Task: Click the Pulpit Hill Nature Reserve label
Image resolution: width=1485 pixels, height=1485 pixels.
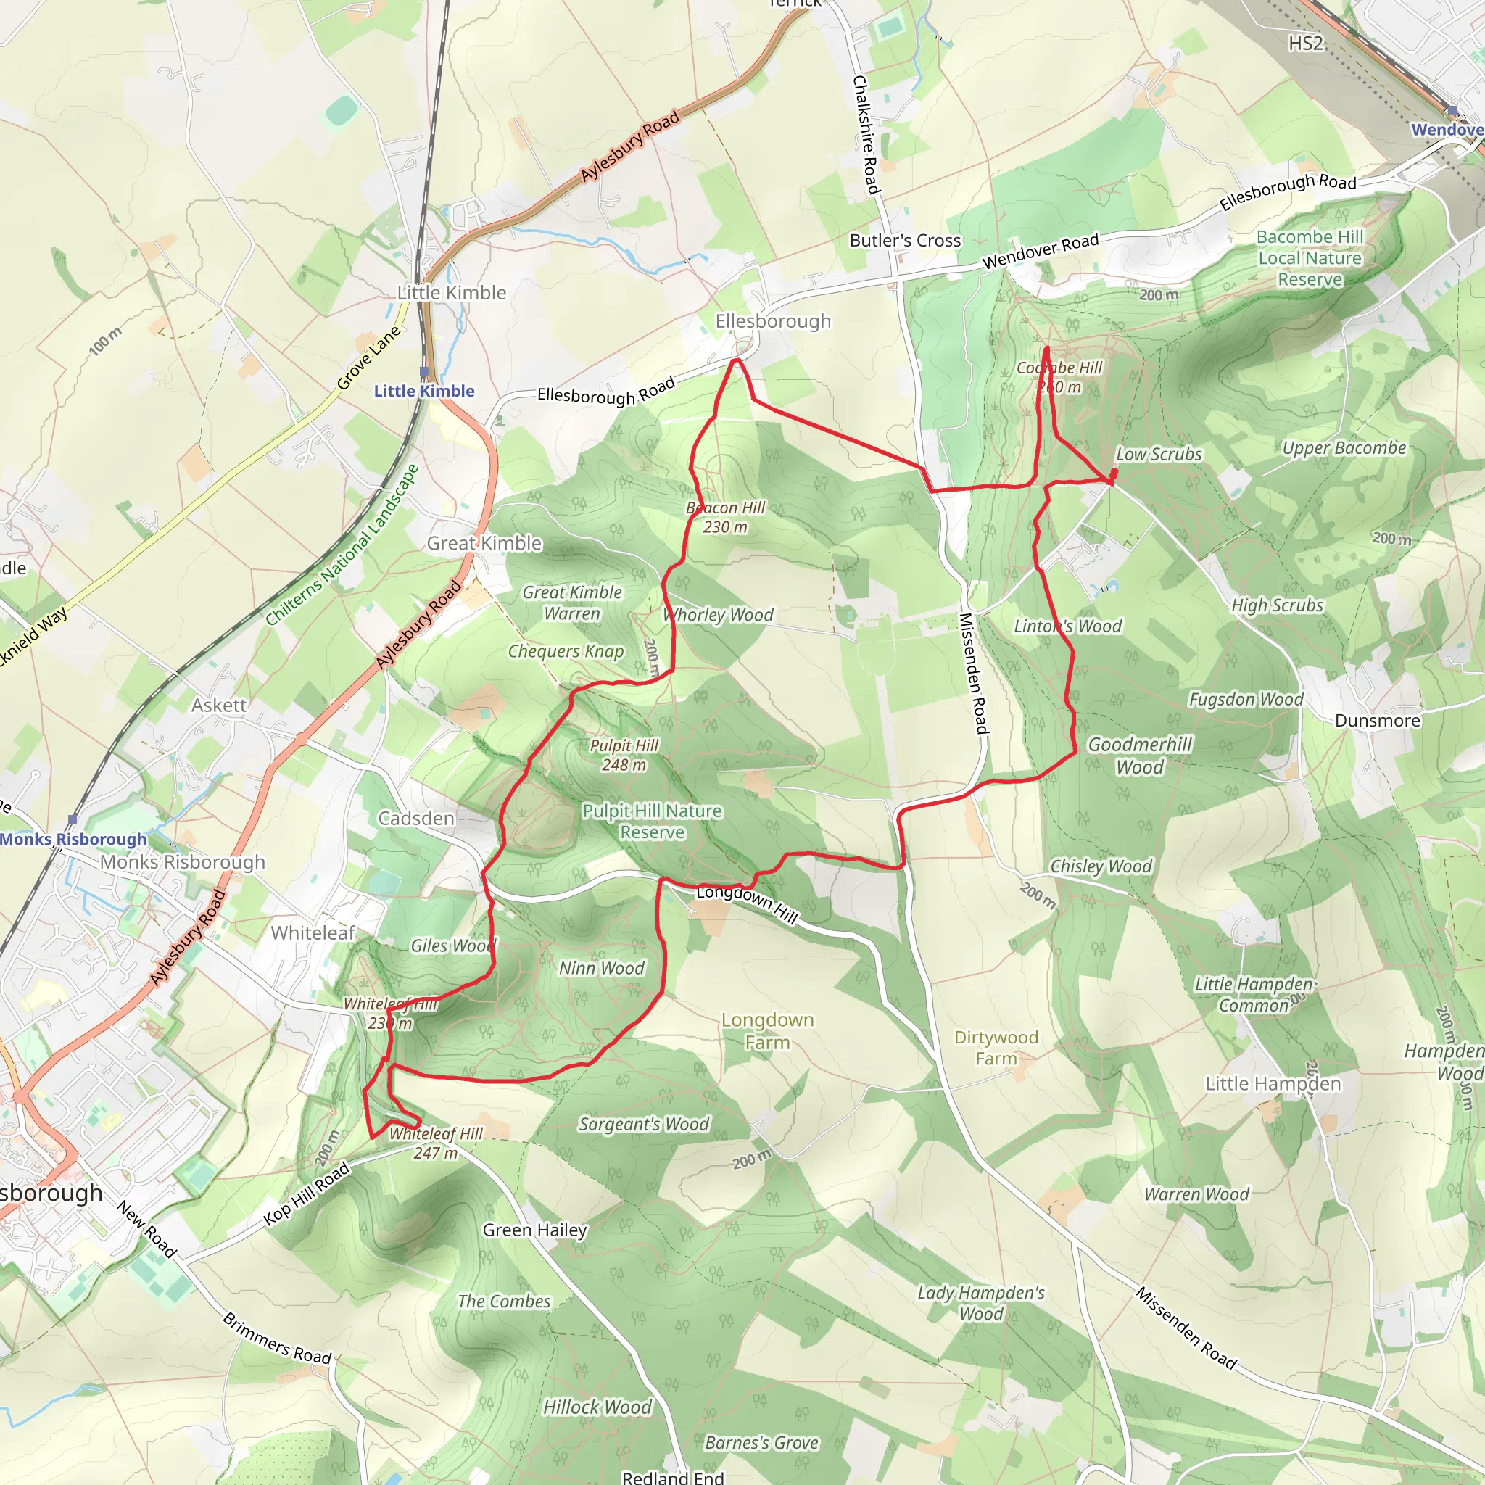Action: [x=652, y=822]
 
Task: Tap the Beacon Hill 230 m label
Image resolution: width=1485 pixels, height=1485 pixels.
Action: [x=726, y=517]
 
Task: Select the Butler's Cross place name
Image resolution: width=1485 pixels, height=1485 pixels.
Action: [x=905, y=241]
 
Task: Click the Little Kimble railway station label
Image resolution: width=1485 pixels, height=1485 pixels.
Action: [x=424, y=392]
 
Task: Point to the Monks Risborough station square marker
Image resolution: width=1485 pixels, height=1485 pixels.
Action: [x=73, y=819]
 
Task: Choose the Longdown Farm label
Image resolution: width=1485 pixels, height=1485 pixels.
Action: [x=767, y=1031]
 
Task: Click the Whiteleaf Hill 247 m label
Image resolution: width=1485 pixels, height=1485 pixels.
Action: [x=436, y=1143]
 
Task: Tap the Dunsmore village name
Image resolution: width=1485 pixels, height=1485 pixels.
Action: [x=1378, y=720]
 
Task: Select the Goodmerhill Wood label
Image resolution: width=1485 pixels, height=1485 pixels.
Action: [x=1140, y=755]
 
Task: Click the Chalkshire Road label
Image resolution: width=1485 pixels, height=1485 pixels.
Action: [x=866, y=135]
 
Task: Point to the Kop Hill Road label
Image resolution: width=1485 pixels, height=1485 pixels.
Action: [x=306, y=1194]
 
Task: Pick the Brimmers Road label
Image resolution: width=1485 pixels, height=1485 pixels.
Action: [x=277, y=1339]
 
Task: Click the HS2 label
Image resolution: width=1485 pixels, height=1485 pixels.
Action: [x=1306, y=43]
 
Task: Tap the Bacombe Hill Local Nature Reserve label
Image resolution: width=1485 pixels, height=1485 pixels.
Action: [x=1310, y=258]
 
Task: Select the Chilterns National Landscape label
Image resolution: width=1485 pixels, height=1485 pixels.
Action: [x=342, y=545]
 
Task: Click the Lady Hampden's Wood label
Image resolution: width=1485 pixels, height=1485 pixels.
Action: [x=981, y=1303]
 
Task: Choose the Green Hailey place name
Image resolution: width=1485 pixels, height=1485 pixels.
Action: [x=534, y=1230]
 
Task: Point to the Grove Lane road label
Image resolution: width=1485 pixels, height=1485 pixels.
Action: [x=369, y=357]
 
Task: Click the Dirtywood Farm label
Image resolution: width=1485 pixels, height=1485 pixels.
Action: [x=996, y=1048]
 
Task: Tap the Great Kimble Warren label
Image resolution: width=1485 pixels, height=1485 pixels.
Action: [x=572, y=603]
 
